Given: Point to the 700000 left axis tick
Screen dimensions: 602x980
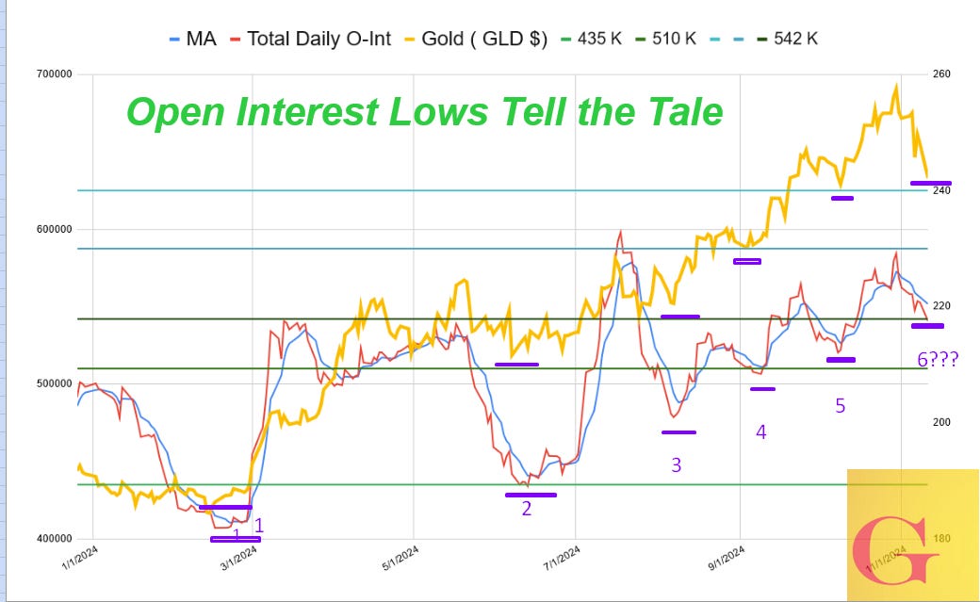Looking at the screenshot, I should (x=54, y=74).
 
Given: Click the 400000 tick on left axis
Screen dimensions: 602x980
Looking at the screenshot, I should (x=54, y=539).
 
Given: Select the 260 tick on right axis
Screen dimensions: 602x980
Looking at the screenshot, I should (x=942, y=74).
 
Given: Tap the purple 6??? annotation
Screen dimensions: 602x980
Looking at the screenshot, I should (x=937, y=359).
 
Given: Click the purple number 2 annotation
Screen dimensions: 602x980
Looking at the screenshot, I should (x=527, y=509).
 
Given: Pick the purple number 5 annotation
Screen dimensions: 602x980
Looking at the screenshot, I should (x=840, y=406).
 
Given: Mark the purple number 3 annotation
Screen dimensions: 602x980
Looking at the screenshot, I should (x=676, y=464).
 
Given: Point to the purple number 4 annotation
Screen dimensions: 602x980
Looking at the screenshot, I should (x=760, y=432).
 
